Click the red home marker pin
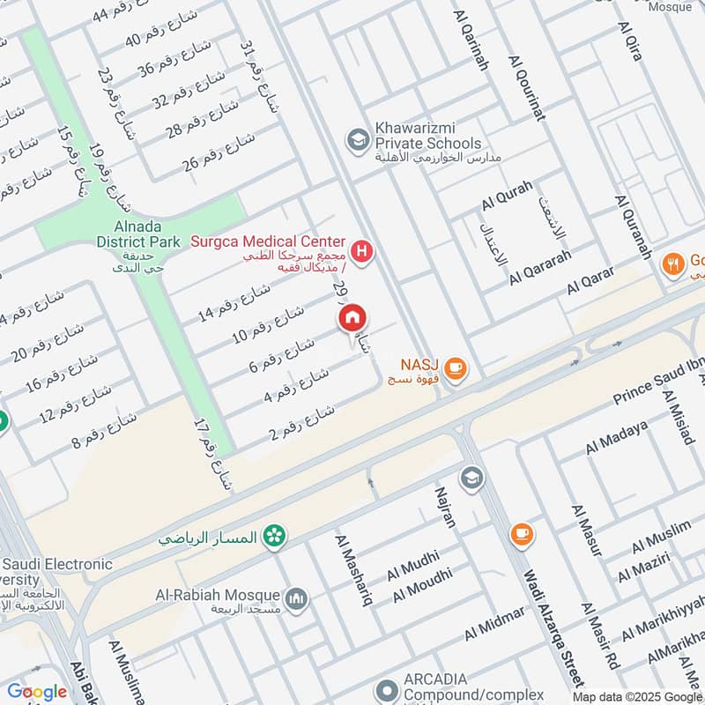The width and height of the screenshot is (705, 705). click(x=352, y=319)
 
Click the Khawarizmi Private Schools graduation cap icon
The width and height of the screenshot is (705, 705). click(x=357, y=139)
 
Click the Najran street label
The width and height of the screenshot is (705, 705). click(x=446, y=507)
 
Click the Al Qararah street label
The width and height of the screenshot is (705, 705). click(x=540, y=265)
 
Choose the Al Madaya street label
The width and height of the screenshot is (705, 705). click(x=617, y=438)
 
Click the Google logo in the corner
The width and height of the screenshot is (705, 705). click(x=37, y=692)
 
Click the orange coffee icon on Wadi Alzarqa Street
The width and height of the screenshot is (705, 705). click(x=521, y=534)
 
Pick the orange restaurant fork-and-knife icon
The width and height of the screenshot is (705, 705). click(x=674, y=262)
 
